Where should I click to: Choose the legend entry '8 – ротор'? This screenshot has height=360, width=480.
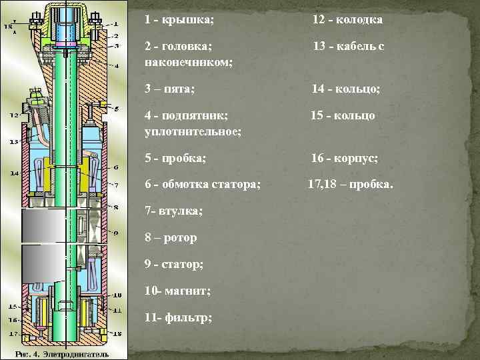(171, 237)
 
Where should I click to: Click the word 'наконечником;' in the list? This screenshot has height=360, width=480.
(188, 62)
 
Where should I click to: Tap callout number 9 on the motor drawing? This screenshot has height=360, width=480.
(116, 233)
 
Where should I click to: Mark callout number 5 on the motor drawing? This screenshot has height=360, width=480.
(117, 109)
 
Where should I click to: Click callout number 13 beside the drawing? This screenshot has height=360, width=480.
(13, 141)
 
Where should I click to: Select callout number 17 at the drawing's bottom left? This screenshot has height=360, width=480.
(13, 333)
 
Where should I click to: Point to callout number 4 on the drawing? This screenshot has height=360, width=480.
(117, 65)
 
